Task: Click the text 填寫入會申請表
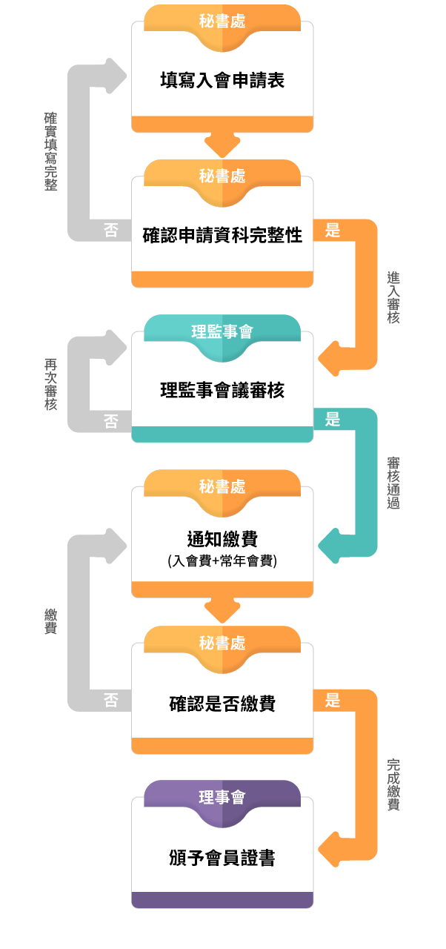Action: pos(222,80)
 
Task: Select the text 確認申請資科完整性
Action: pos(222,236)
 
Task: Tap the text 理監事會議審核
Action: pos(222,390)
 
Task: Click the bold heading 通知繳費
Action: pos(222,539)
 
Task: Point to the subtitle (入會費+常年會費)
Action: pos(222,561)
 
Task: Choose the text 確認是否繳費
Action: pos(222,703)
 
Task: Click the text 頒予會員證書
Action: pos(222,858)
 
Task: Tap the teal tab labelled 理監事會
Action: pos(222,332)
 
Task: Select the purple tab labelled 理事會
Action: pos(222,798)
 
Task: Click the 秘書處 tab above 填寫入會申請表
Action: pos(222,21)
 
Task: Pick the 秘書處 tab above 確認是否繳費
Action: pos(222,643)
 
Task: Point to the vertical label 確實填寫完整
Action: pos(50,152)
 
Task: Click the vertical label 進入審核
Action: pos(393,297)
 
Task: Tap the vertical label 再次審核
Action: pos(50,385)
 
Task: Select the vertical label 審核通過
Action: pos(393,483)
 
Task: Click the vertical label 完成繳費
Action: pos(393,784)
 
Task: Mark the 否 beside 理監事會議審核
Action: pos(110,421)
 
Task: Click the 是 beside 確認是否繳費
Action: pos(333,700)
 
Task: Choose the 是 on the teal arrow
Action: pos(333,419)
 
